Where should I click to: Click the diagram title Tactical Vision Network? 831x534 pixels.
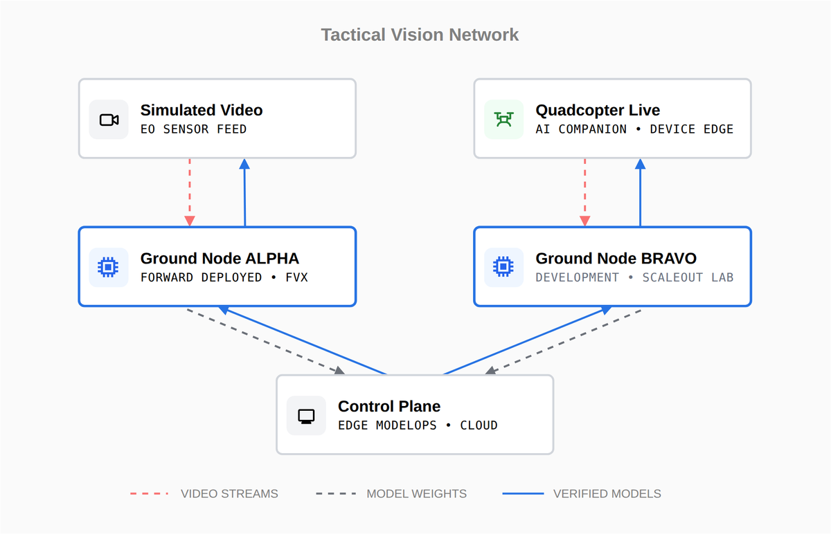420,35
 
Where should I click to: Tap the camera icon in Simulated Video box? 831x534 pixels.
109,120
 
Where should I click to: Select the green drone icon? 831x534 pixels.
504,120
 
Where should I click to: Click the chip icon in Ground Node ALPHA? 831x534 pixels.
108,267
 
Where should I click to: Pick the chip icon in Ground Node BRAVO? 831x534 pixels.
503,267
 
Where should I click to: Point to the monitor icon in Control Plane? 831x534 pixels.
306,416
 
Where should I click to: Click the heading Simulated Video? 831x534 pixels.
202,110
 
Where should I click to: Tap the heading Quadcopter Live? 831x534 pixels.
598,110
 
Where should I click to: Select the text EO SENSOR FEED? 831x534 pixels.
193,129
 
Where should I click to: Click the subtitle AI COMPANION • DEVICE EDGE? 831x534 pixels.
634,129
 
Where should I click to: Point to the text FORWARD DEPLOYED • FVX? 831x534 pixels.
224,277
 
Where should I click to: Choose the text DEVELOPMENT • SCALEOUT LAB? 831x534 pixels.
634,277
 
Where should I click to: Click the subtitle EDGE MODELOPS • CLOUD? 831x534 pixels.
418,425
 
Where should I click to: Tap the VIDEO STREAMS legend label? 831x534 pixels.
229,494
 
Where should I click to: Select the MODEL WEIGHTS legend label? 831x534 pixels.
417,494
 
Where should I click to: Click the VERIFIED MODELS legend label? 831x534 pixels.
607,494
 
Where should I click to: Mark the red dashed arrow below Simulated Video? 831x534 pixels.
190,192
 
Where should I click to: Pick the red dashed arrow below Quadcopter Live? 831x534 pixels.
585,192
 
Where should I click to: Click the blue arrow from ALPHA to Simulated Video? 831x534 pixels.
244,192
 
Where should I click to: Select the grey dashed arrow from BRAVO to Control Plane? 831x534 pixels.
563,342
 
